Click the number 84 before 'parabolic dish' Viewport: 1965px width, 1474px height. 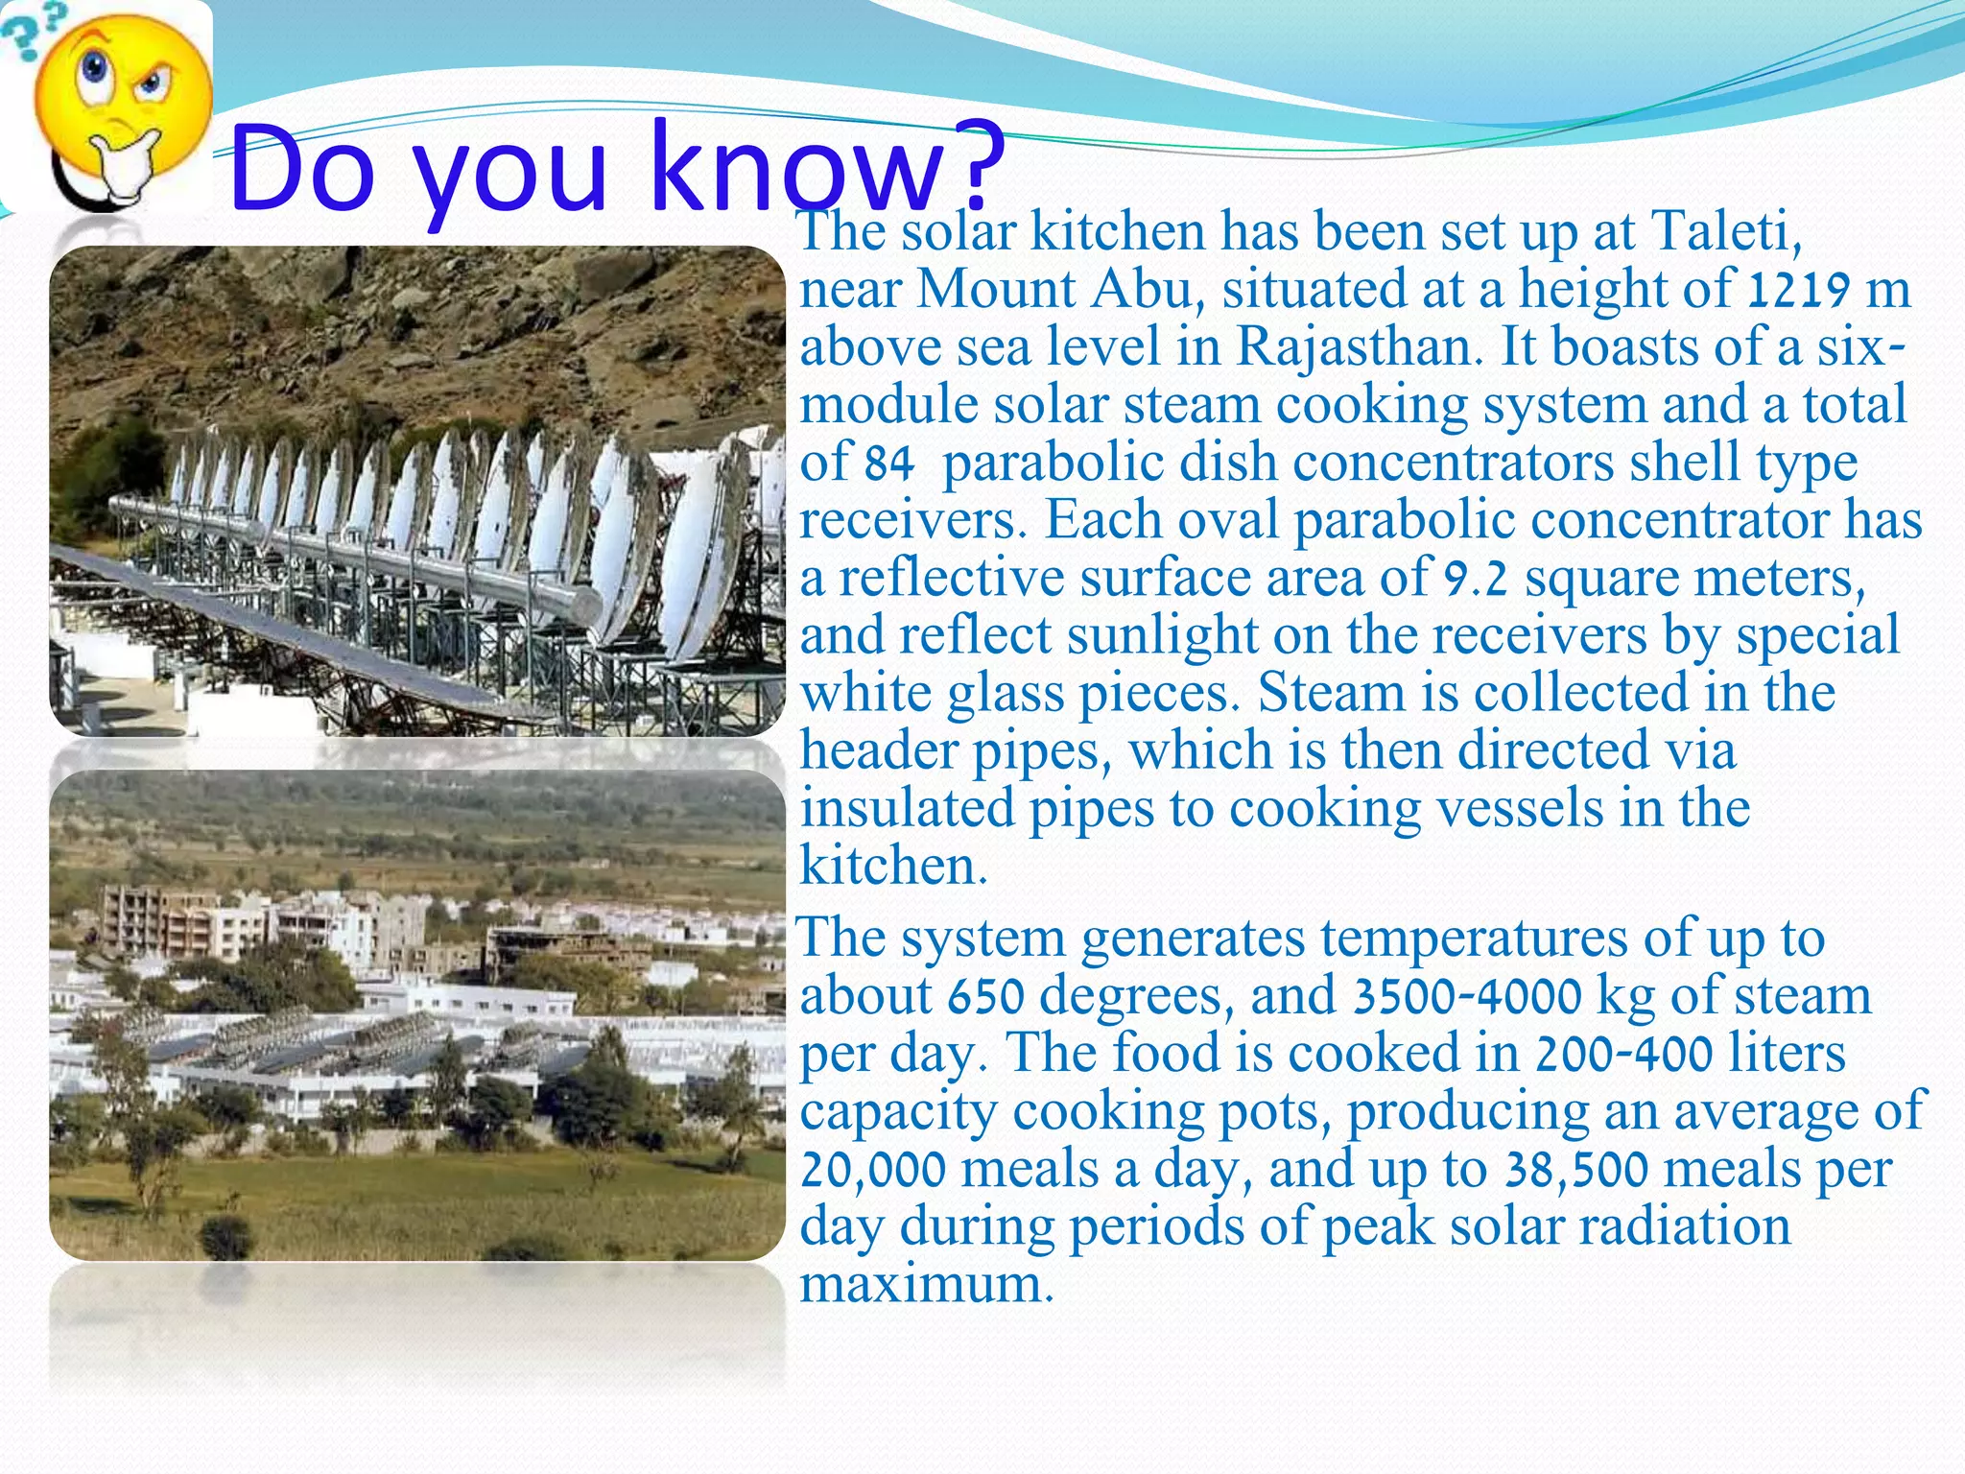pos(888,464)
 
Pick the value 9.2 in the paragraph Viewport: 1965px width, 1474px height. pos(1476,580)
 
